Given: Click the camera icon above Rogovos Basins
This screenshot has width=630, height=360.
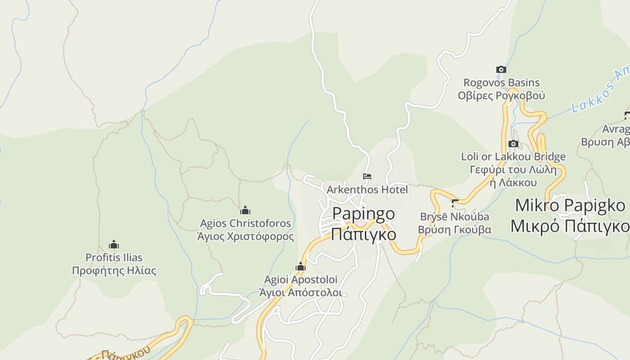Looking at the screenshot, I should [501, 69].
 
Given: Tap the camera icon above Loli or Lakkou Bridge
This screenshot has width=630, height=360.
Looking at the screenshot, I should [513, 144].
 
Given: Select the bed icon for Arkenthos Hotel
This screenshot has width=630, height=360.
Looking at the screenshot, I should [367, 176].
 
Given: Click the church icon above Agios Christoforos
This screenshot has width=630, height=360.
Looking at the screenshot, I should [245, 210].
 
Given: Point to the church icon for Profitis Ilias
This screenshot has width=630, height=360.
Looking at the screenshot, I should [114, 244].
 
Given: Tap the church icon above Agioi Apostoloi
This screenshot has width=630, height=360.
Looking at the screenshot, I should [301, 267].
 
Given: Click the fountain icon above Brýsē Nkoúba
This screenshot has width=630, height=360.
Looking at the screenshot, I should [454, 203].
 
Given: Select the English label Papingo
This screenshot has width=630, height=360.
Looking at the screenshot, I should [364, 214].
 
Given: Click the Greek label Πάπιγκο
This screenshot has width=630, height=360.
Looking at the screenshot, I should [364, 234].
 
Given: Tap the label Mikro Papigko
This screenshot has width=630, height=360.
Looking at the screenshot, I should [570, 206].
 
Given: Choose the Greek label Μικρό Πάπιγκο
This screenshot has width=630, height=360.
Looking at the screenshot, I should [570, 226].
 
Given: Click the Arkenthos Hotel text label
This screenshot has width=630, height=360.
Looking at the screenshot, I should [367, 189].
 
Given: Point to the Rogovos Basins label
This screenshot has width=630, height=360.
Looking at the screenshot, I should [501, 83].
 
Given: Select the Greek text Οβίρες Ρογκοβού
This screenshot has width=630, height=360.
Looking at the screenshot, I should [501, 95].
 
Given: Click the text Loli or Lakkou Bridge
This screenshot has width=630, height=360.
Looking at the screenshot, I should [513, 157].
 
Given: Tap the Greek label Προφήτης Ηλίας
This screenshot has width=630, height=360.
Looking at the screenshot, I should [114, 271].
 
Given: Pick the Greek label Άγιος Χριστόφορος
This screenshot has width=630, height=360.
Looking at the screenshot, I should [245, 236].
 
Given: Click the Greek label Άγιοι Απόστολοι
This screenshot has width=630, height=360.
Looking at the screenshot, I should [301, 292].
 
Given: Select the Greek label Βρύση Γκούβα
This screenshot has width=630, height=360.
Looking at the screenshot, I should [454, 229].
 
